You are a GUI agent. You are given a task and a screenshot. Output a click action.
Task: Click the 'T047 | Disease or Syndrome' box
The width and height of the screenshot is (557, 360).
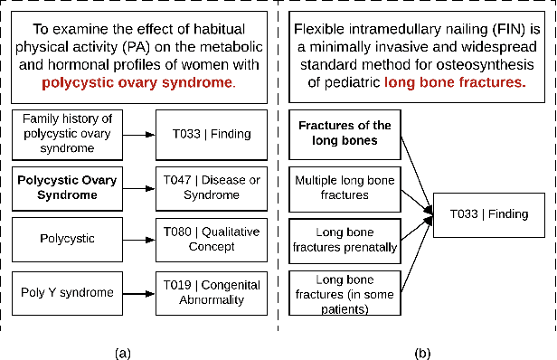(212, 186)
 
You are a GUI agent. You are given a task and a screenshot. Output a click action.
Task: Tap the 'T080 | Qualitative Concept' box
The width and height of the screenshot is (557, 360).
(212, 238)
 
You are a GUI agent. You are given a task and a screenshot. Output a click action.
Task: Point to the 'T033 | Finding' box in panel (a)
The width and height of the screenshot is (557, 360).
(212, 134)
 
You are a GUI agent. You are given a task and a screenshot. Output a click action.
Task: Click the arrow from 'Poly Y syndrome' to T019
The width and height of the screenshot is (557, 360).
(137, 291)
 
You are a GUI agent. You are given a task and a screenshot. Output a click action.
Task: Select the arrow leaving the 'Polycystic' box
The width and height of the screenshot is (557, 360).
(137, 239)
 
